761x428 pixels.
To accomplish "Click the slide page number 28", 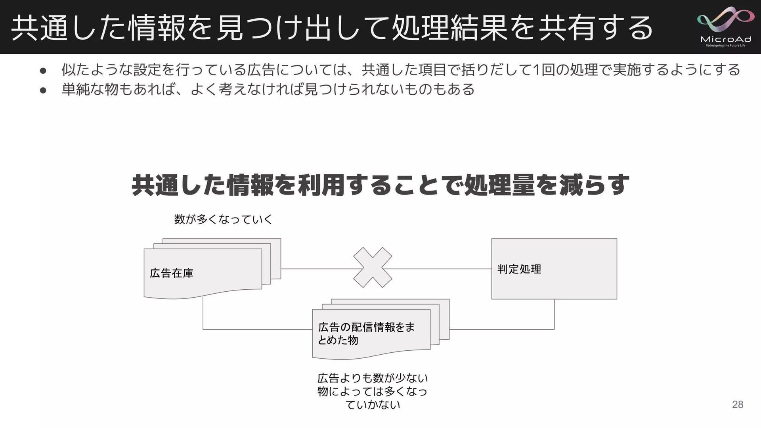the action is [x=737, y=404].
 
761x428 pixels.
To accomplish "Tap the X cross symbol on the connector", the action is [x=373, y=267].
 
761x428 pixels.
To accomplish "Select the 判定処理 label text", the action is [x=519, y=269].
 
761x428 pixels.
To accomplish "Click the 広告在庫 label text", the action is [x=172, y=273].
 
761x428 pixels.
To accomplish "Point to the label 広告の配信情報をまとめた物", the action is [x=366, y=333].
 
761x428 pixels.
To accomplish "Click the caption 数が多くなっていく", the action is [x=223, y=219].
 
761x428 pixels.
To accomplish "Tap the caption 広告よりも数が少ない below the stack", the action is [x=373, y=378].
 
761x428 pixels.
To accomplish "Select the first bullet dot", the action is [x=43, y=71].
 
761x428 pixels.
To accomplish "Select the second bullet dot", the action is [x=43, y=90].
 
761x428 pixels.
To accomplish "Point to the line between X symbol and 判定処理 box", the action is [x=440, y=269].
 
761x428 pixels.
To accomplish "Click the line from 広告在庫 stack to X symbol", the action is [x=317, y=269].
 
